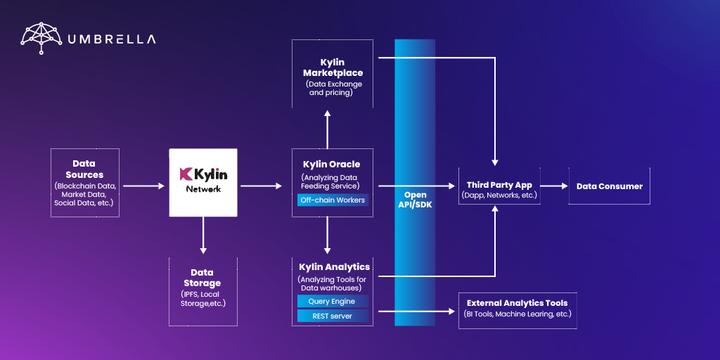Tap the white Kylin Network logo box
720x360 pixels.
coord(203,182)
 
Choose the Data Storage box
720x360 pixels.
coord(202,290)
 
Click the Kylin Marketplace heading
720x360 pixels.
coord(333,67)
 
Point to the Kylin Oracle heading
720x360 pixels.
coord(332,165)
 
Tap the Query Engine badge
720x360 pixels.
coord(333,301)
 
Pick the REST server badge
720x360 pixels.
coord(333,316)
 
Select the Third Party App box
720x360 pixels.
coord(499,186)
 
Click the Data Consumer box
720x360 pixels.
coord(609,186)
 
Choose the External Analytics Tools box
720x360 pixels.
coord(517,309)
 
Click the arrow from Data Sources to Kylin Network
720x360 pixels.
coord(143,186)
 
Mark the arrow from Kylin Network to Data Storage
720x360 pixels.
coord(203,235)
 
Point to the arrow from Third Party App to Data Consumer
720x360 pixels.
coord(554,186)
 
